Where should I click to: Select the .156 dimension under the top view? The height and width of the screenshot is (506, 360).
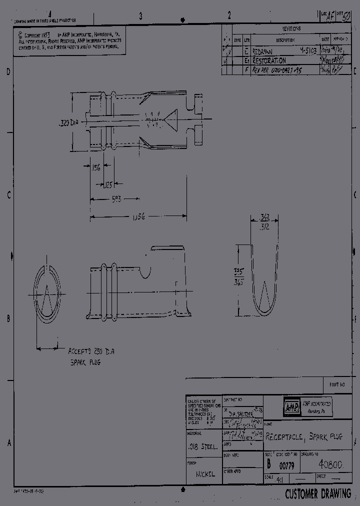pyautogui.click(x=95, y=168)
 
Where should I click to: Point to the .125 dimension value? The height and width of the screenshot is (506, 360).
pyautogui.click(x=107, y=184)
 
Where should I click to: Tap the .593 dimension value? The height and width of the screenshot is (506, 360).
pyautogui.click(x=116, y=199)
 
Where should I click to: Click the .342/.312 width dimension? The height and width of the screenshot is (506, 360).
pyautogui.click(x=265, y=221)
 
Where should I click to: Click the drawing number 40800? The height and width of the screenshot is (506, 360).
pyautogui.click(x=329, y=465)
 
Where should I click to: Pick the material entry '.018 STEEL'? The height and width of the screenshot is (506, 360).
pyautogui.click(x=201, y=447)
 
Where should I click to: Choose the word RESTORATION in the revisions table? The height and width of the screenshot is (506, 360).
pyautogui.click(x=269, y=60)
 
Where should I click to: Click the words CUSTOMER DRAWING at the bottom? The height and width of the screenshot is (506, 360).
pyautogui.click(x=318, y=494)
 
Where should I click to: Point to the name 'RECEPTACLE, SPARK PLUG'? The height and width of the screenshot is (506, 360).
pyautogui.click(x=303, y=436)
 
